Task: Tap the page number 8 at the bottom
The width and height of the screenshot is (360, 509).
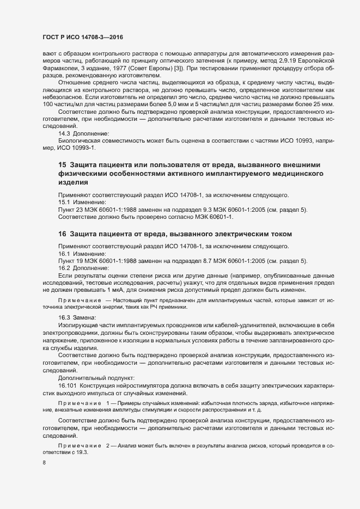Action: tap(44, 463)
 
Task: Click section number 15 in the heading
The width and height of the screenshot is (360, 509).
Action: tap(62, 165)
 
